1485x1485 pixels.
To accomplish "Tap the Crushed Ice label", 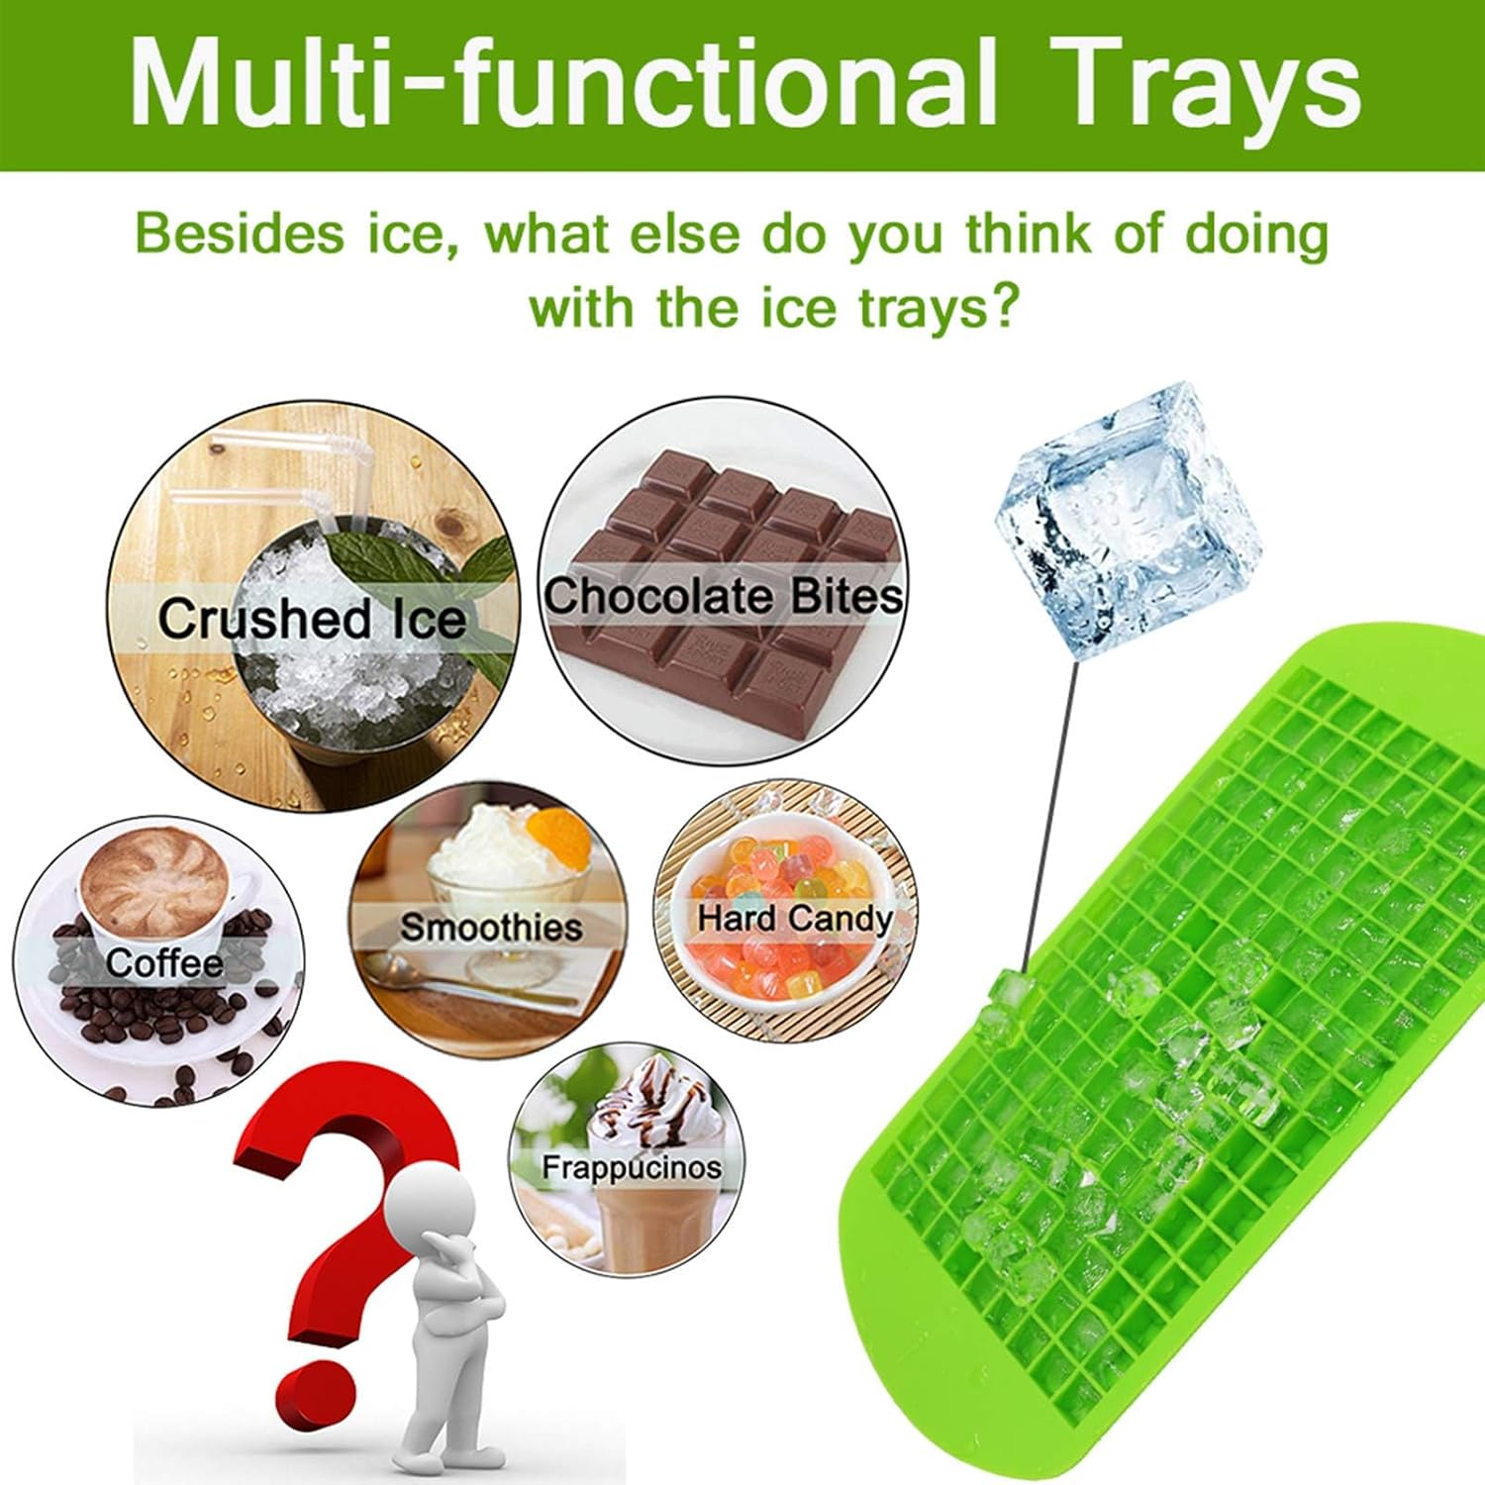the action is (311, 619).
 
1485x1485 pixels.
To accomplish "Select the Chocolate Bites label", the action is (724, 596).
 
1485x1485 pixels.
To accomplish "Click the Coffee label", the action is (164, 962).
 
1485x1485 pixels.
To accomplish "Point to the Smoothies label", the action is (491, 928).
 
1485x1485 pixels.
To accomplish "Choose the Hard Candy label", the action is (795, 918).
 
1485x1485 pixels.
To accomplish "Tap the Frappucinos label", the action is (632, 1167).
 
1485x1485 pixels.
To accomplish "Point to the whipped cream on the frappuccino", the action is (653, 1100).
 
